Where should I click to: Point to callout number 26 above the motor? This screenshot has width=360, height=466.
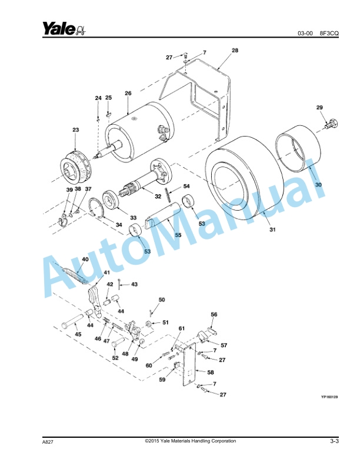[128, 93]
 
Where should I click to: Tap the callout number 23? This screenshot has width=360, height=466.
[75, 129]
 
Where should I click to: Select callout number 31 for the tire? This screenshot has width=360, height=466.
[272, 229]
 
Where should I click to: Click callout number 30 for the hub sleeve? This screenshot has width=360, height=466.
[318, 184]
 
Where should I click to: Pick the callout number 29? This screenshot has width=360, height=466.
[319, 107]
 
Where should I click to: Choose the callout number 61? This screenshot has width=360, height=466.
[182, 328]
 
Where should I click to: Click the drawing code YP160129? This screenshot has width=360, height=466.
[331, 397]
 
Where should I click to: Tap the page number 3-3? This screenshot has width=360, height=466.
[334, 441]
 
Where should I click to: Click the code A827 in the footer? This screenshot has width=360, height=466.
[48, 441]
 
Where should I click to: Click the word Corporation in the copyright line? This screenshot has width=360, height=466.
[219, 441]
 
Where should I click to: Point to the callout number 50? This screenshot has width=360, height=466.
[162, 300]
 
